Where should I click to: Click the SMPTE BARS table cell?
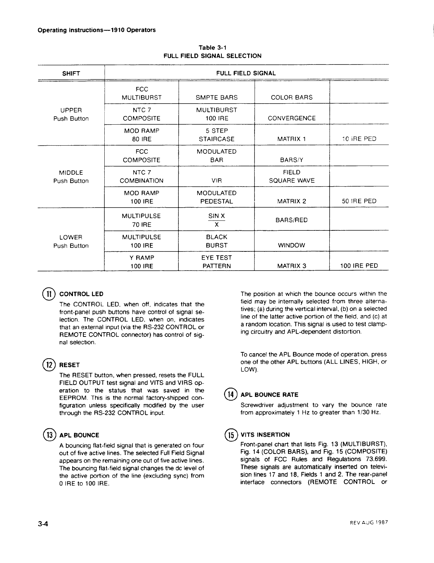(x=216, y=97)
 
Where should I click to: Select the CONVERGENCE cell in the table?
(x=292, y=118)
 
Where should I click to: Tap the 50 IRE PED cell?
(x=359, y=201)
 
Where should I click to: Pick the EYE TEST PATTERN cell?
(x=216, y=262)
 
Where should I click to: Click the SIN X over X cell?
(x=216, y=220)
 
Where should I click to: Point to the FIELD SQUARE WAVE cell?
(x=292, y=176)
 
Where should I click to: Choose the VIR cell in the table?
(x=216, y=181)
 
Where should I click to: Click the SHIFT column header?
(x=71, y=74)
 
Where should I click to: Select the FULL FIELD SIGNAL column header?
(x=246, y=73)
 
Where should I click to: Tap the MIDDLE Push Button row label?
(x=71, y=177)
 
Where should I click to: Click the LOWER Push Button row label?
(x=71, y=241)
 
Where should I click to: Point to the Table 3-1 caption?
(x=212, y=48)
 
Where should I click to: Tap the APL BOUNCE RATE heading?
(x=270, y=395)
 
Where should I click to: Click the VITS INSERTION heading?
(x=265, y=435)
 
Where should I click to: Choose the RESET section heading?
(x=70, y=365)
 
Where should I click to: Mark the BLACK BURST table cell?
(x=216, y=241)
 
